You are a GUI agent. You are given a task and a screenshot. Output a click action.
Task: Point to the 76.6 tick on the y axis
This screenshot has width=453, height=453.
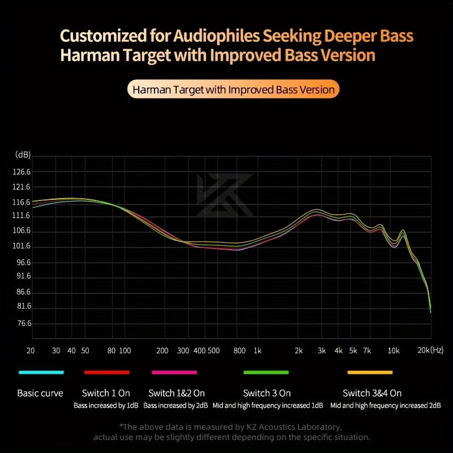(x=23, y=323)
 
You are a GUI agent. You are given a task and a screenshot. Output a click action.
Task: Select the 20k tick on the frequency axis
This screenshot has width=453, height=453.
(x=424, y=351)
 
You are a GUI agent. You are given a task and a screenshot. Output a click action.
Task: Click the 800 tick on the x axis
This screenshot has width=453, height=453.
(x=240, y=351)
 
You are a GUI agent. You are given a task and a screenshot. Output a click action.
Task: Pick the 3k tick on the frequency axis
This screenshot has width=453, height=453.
(x=322, y=351)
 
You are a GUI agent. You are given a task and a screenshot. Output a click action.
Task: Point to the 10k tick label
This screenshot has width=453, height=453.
(x=394, y=351)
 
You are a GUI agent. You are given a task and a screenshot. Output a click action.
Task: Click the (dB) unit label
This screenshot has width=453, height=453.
(x=23, y=155)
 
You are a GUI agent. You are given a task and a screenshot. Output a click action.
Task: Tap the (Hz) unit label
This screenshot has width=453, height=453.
(x=437, y=351)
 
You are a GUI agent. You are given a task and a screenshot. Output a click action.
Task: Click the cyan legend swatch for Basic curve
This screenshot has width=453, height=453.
(x=41, y=372)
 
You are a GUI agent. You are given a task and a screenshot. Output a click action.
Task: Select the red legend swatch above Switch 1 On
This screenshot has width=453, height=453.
(x=106, y=372)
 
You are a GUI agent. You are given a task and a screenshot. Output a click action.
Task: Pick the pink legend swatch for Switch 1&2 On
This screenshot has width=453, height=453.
(x=174, y=372)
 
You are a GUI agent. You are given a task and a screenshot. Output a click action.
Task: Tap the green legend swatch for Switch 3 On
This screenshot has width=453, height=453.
(x=266, y=372)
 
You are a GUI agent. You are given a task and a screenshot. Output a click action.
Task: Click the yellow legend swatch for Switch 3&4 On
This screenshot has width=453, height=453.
(x=370, y=372)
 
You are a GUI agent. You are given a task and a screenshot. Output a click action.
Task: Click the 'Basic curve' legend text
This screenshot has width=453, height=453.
(x=40, y=393)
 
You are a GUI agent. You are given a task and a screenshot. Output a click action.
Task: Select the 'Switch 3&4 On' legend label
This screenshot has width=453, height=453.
(x=372, y=393)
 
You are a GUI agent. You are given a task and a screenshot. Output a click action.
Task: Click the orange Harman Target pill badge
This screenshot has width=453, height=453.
(x=233, y=89)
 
